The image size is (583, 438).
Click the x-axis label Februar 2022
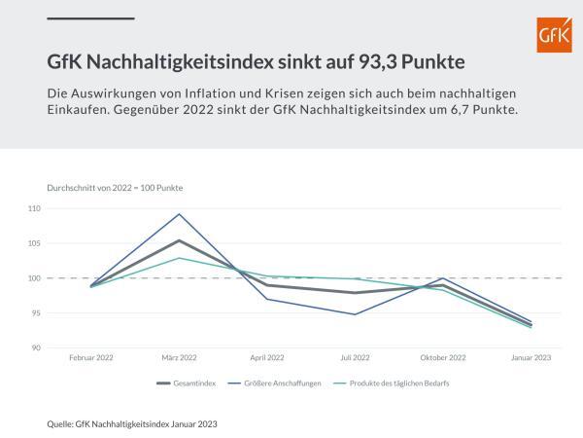click(x=91, y=358)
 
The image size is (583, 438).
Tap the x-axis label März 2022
click(x=179, y=358)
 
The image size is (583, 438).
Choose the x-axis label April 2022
click(x=267, y=358)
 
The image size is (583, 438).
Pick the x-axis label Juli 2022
click(x=356, y=358)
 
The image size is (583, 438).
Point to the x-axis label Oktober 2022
click(x=443, y=358)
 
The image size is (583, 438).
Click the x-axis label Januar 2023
click(x=531, y=358)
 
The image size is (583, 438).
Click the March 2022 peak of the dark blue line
click(x=180, y=214)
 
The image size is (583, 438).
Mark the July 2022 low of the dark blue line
click(x=356, y=314)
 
